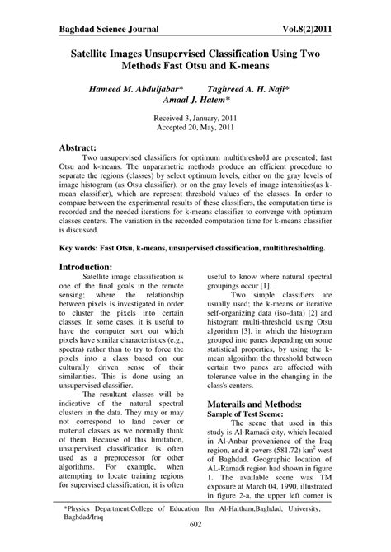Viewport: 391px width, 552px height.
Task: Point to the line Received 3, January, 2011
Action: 195,118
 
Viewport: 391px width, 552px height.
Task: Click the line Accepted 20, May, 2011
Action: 195,129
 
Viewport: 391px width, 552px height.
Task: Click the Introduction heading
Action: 93,267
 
